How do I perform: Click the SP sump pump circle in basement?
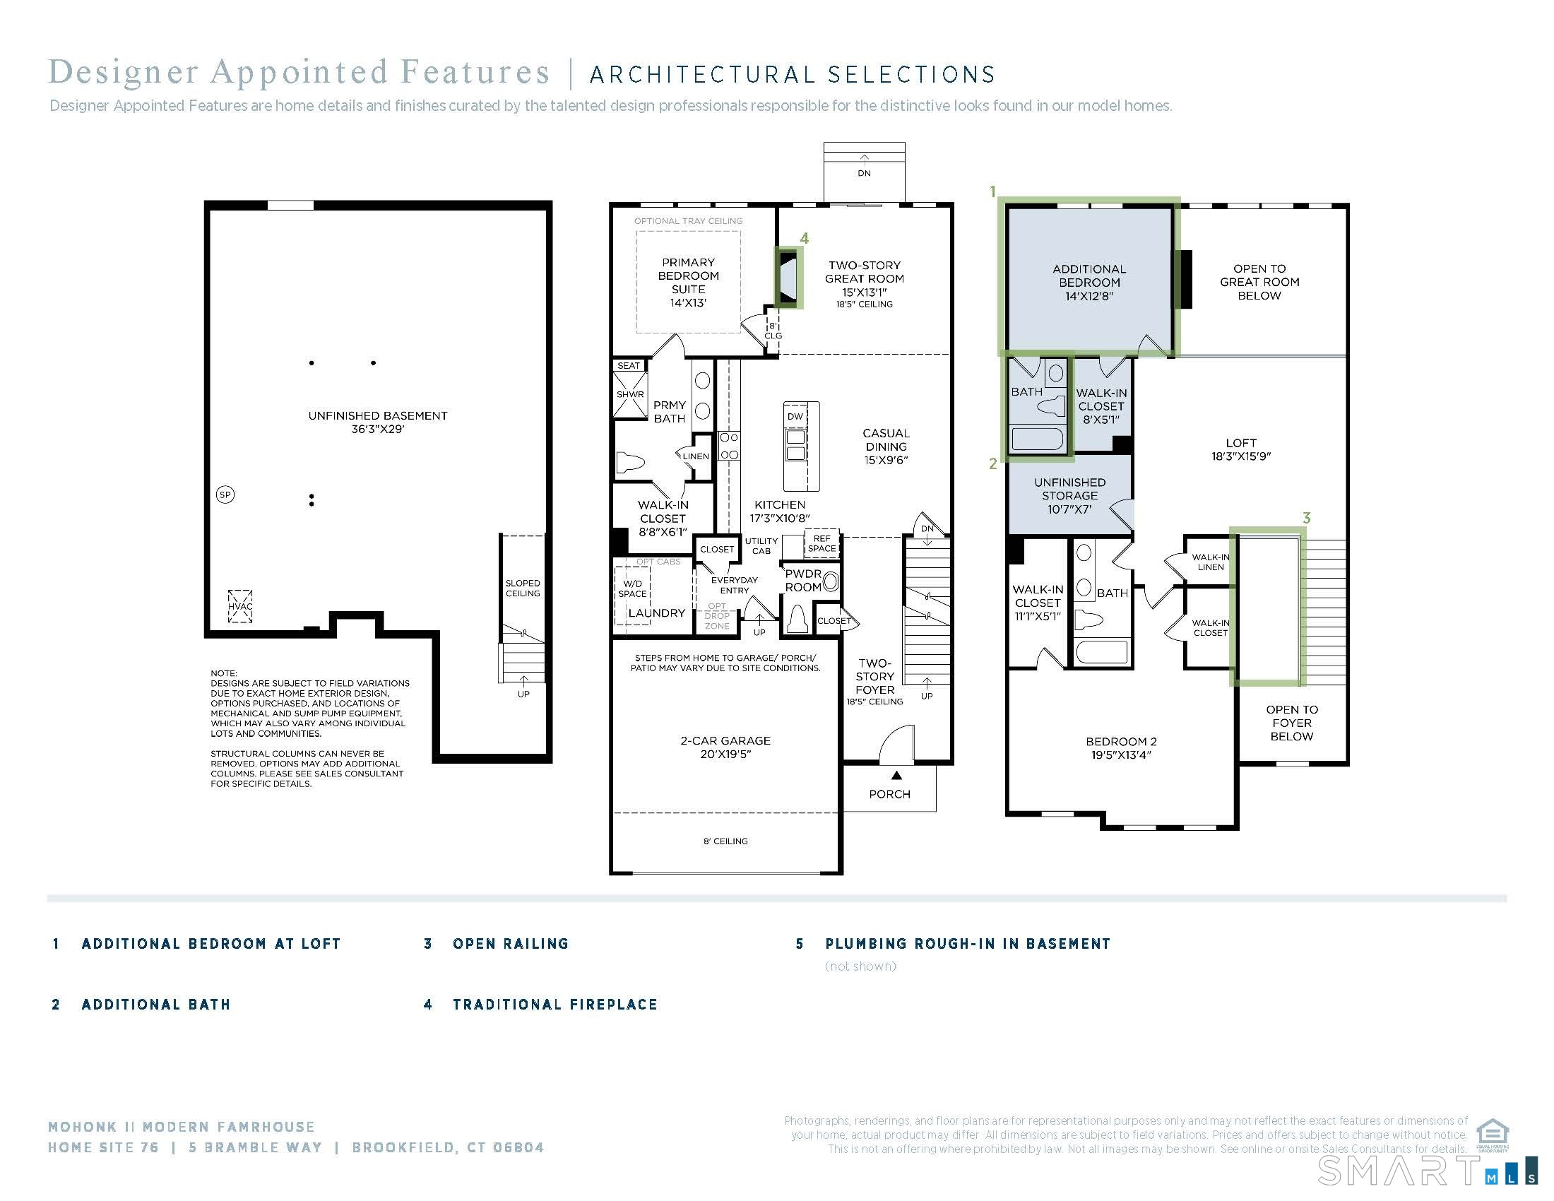tap(225, 495)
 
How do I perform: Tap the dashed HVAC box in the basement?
tap(239, 606)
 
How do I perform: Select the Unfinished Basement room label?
tap(378, 422)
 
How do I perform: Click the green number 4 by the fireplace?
tap(804, 238)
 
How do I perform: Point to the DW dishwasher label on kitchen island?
tap(795, 416)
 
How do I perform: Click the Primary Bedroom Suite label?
tap(688, 283)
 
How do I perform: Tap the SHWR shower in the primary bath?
tap(629, 394)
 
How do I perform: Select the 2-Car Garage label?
tap(725, 747)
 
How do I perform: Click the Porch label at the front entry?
tap(889, 794)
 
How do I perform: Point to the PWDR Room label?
tap(803, 581)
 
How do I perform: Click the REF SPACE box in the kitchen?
tap(822, 543)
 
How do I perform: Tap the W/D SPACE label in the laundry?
tap(632, 589)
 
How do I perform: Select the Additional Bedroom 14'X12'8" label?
tap(1089, 283)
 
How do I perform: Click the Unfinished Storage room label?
tap(1069, 496)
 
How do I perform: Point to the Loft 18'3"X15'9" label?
tap(1241, 449)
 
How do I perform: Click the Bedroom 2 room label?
tap(1122, 747)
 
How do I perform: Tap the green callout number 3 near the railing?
tap(1306, 518)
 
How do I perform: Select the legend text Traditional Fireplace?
tap(555, 1005)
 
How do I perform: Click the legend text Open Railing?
tap(510, 944)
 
